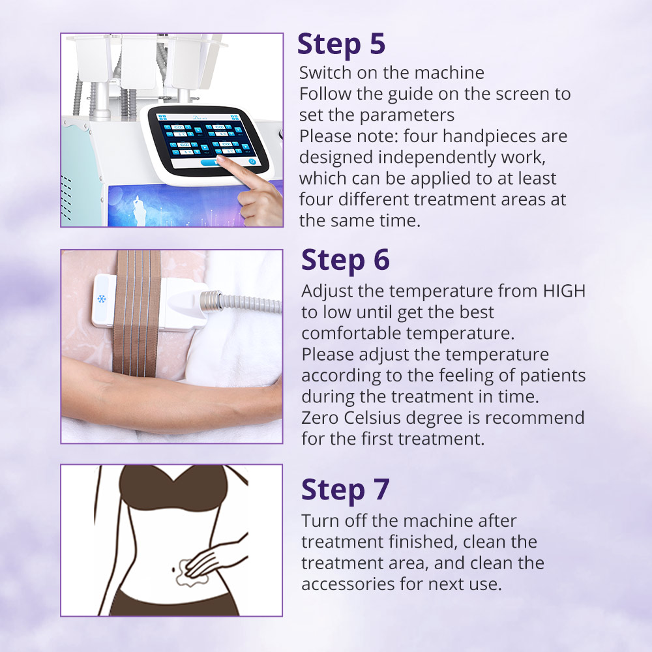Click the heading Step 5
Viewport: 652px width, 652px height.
pyautogui.click(x=341, y=44)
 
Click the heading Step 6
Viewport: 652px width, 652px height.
pyautogui.click(x=345, y=259)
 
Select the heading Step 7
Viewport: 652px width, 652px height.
pyautogui.click(x=345, y=490)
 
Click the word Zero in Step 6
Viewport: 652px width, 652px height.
pyautogui.click(x=321, y=418)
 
